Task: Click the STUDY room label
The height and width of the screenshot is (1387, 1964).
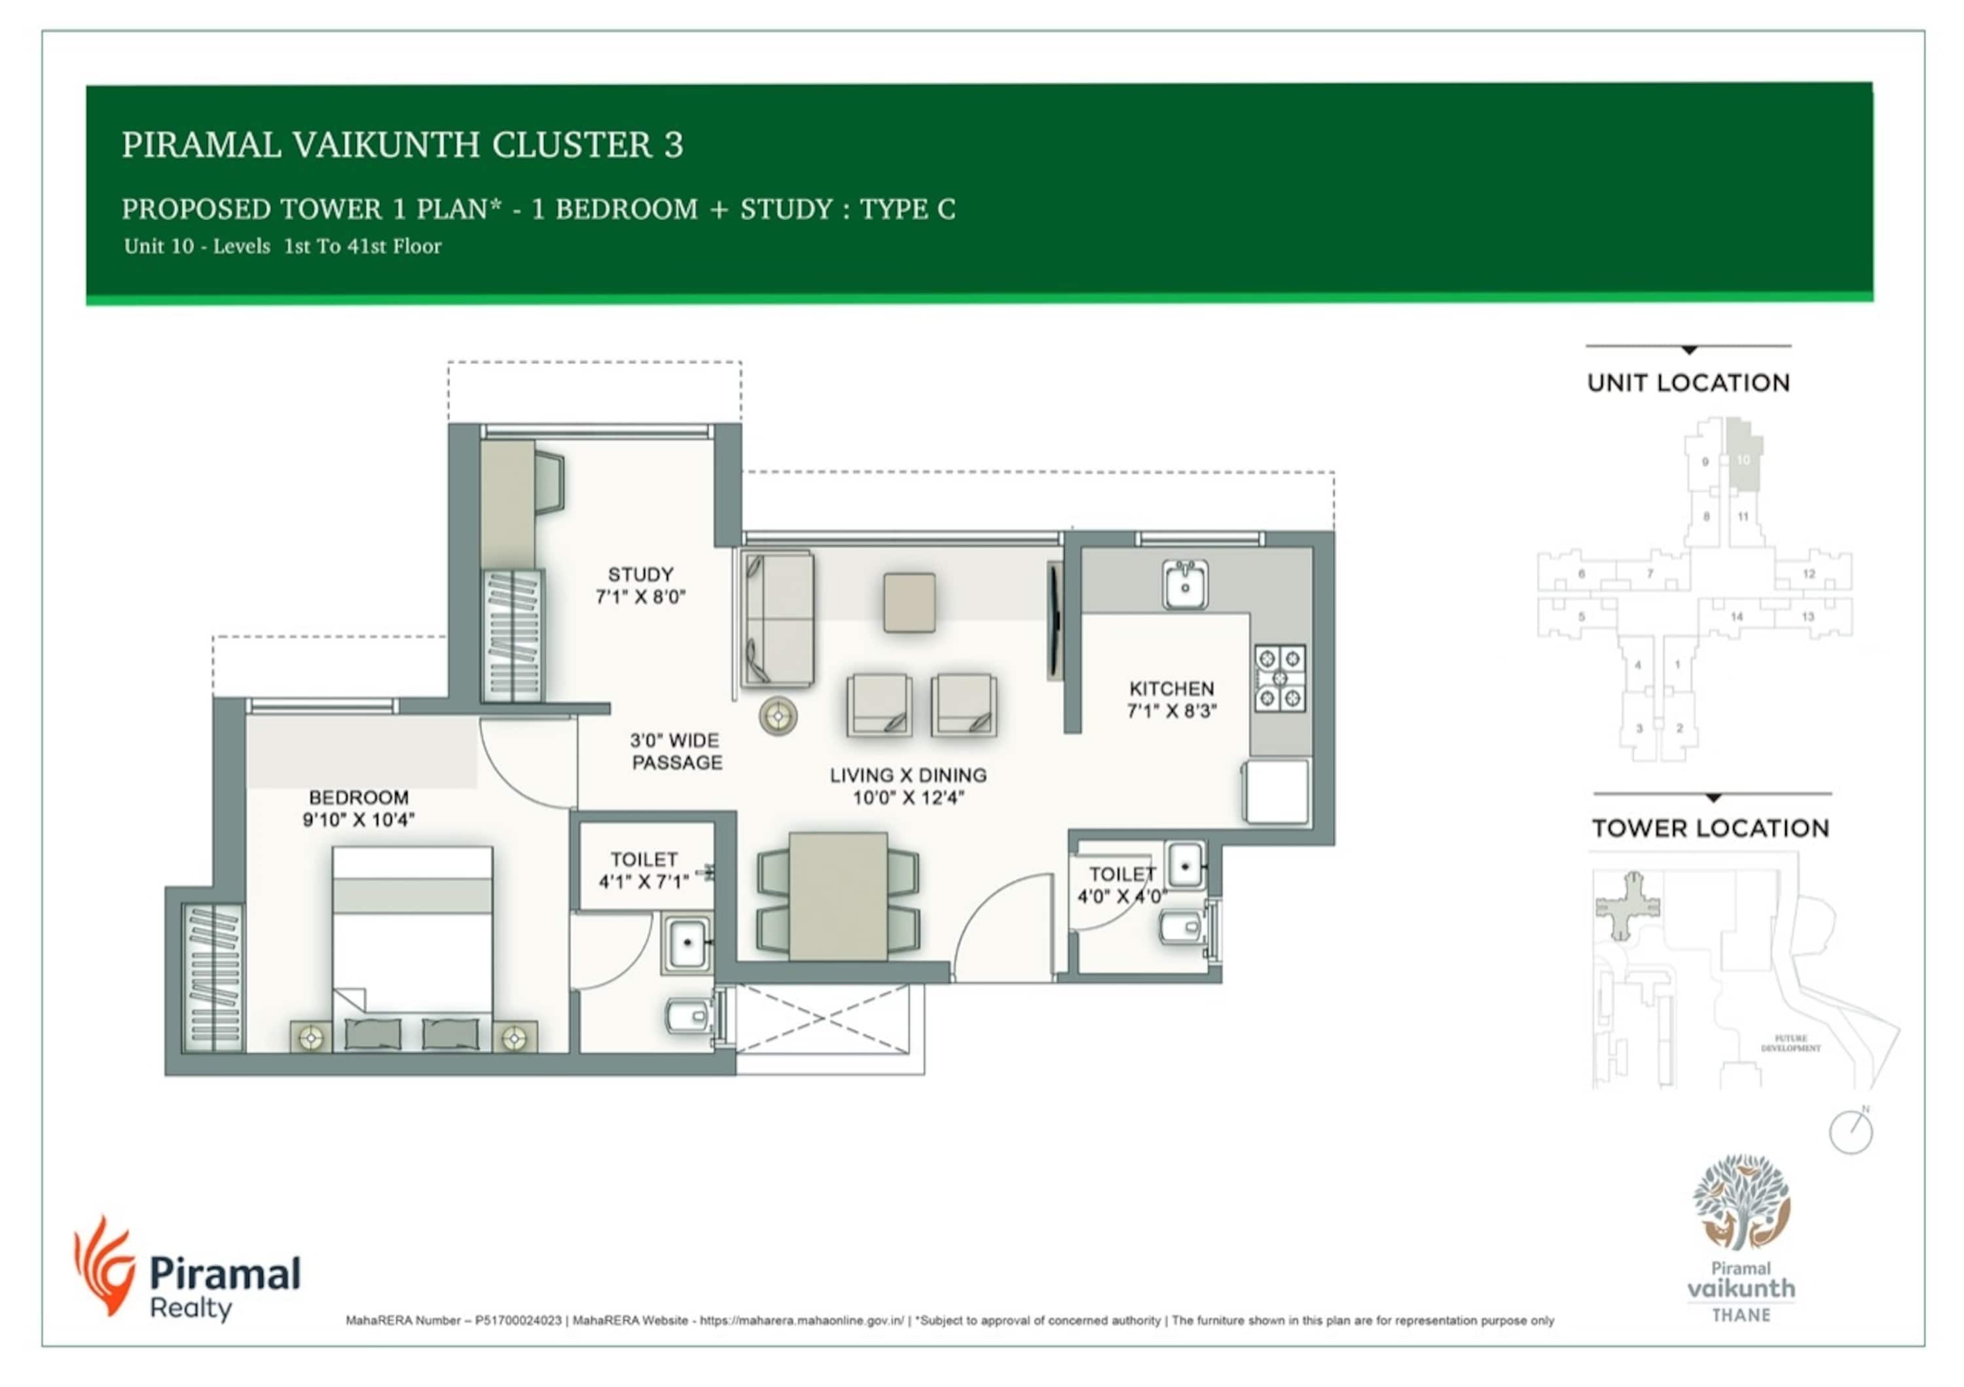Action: pos(640,575)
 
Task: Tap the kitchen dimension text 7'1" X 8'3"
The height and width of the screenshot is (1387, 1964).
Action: pos(1171,711)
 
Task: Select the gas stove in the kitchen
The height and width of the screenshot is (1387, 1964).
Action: pos(1280,678)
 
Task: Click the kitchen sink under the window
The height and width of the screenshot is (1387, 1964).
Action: pos(1185,585)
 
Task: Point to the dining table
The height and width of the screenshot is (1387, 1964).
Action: pos(837,896)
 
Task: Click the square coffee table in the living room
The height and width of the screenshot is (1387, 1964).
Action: pos(909,603)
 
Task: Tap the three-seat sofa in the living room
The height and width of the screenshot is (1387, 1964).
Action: pos(778,619)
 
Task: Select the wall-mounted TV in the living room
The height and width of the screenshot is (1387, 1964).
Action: pos(1054,621)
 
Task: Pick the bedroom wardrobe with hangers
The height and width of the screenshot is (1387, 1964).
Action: pos(213,977)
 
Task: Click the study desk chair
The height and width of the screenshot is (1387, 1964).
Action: pos(549,483)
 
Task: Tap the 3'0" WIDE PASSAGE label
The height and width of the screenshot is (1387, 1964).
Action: pos(676,751)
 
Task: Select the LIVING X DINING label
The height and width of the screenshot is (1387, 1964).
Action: pos(907,776)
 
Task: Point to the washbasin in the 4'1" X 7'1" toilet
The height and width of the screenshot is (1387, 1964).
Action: pos(686,944)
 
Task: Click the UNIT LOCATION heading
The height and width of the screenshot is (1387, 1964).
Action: pos(1688,383)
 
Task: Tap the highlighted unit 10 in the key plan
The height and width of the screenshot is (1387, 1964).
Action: pos(1743,460)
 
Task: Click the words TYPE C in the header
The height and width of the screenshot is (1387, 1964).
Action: pos(907,209)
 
